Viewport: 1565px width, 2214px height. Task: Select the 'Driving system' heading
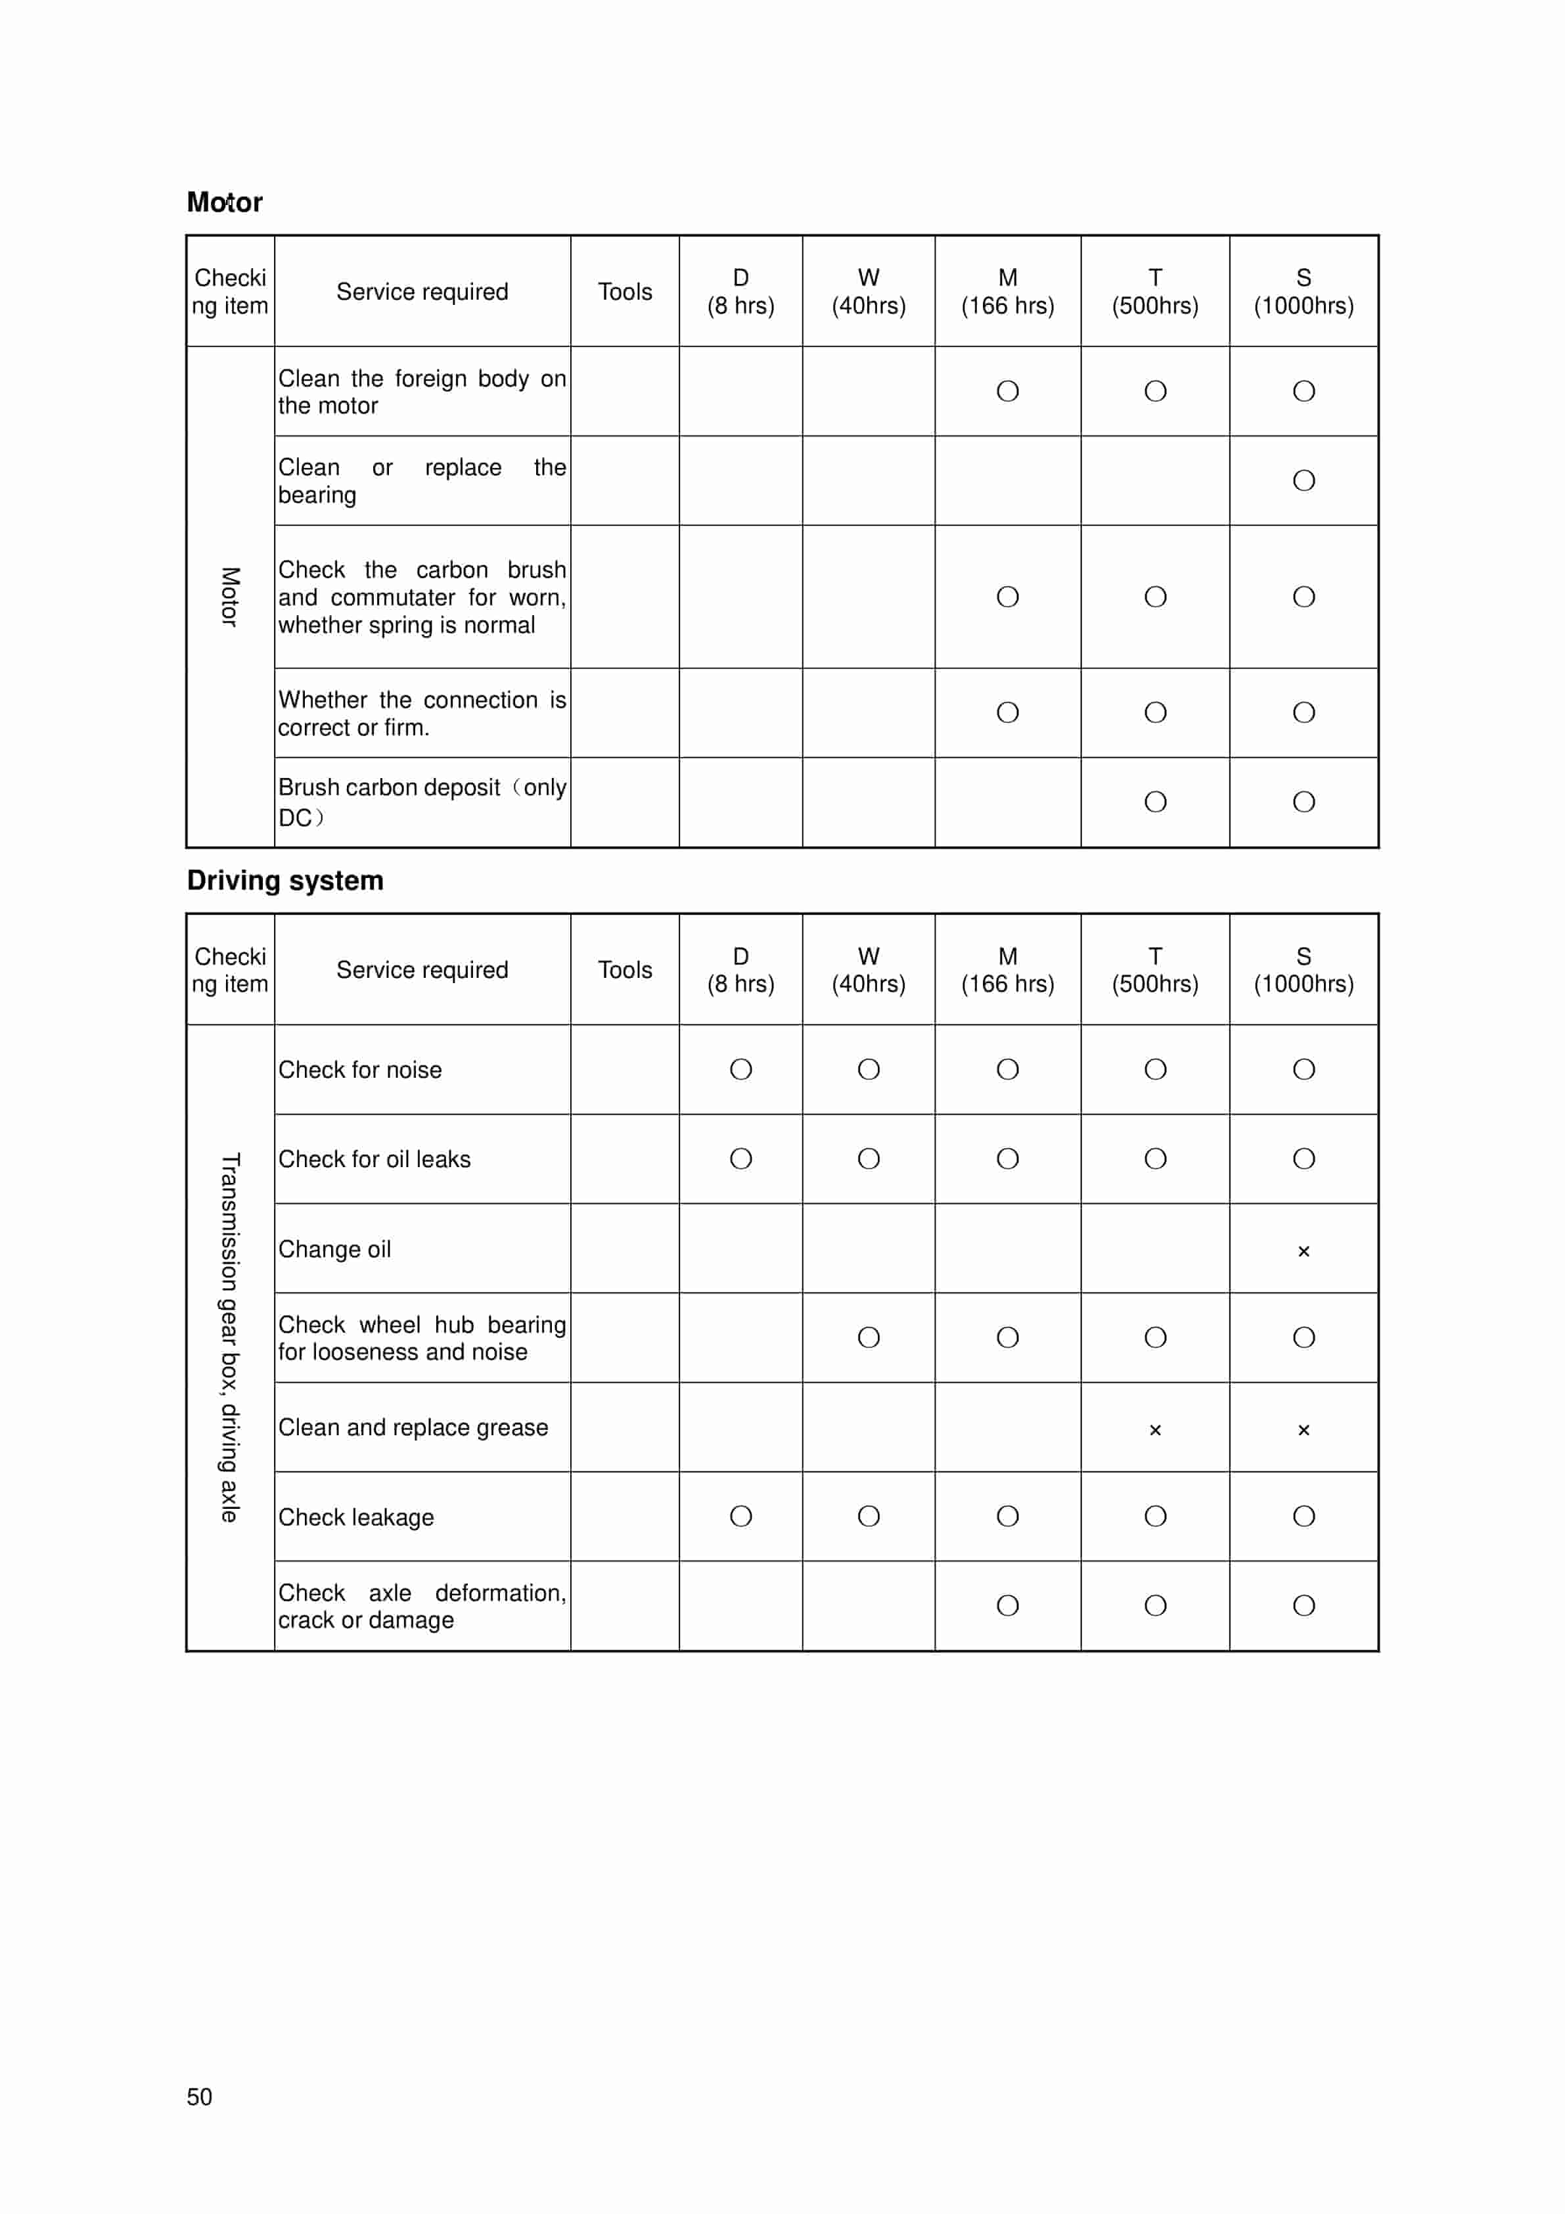click(284, 881)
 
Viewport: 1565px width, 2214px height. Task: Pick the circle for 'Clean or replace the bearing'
click(1303, 480)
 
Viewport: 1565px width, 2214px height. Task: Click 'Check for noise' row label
click(359, 1069)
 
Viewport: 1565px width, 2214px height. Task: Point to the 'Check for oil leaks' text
click(374, 1159)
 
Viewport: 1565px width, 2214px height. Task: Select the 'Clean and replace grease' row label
click(413, 1427)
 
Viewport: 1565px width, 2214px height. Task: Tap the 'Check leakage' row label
click(356, 1517)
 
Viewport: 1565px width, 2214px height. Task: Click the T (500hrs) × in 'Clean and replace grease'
click(1154, 1430)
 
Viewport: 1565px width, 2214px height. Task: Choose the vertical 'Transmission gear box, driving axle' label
click(229, 1337)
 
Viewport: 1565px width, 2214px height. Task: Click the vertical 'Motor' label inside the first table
click(229, 597)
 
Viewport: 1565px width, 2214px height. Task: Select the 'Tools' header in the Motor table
click(624, 291)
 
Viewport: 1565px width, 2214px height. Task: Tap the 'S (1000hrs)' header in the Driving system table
click(1303, 969)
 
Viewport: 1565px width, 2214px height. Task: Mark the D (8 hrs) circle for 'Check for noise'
click(740, 1069)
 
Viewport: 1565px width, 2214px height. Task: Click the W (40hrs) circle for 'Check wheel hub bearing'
click(868, 1337)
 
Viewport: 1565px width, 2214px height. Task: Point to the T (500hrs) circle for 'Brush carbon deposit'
click(1154, 801)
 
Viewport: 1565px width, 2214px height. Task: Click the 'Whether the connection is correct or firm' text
click(421, 714)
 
